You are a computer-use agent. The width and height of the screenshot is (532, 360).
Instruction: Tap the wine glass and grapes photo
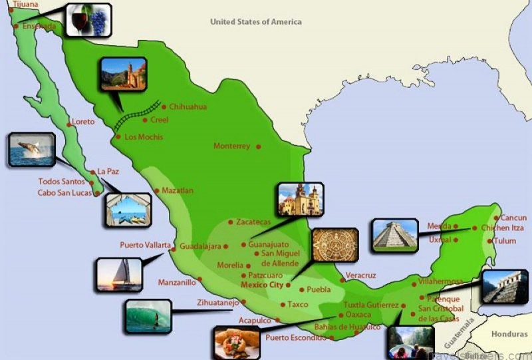pos(88,20)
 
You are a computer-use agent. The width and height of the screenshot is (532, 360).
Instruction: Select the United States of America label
pos(255,22)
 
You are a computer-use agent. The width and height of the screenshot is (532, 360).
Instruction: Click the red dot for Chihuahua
pos(164,106)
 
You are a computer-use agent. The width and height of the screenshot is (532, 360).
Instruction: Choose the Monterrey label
pos(231,146)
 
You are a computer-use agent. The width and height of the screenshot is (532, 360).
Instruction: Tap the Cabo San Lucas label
pos(66,193)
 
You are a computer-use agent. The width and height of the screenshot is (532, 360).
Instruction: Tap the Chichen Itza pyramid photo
pos(395,235)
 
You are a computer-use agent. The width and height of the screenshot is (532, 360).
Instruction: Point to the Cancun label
pos(513,218)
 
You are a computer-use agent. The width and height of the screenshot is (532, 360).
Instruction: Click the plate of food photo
pos(237,343)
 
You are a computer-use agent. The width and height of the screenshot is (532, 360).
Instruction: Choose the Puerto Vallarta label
pos(145,245)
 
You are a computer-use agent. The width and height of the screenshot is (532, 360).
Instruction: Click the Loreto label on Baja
pos(83,122)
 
